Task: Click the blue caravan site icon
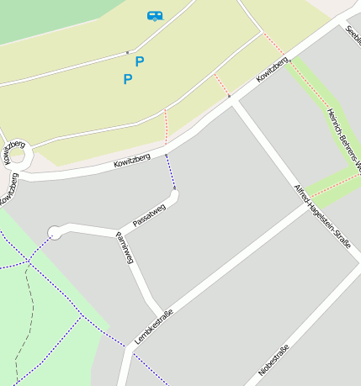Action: [x=154, y=15]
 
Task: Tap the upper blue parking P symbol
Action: [x=140, y=61]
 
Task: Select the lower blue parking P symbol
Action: [x=128, y=80]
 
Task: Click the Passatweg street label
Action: [x=148, y=215]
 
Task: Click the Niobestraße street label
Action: [x=274, y=360]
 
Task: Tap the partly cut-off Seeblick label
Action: [x=353, y=34]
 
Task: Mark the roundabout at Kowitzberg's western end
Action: [x=16, y=156]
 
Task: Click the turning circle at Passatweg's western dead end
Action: [x=56, y=232]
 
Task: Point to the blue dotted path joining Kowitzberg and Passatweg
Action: [x=170, y=172]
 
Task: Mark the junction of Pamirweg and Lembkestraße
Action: [x=160, y=311]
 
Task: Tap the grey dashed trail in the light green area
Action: [x=26, y=320]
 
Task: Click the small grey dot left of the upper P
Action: [x=127, y=53]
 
